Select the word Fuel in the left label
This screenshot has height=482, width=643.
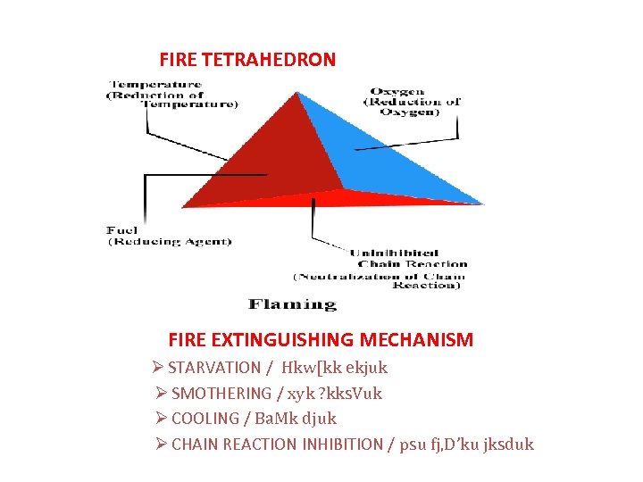121,231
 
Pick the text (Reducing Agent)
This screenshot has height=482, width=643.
170,242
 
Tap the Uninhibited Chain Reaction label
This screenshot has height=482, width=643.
408,258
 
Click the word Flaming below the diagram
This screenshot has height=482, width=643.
292,304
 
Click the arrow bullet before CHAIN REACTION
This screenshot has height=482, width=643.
161,444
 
